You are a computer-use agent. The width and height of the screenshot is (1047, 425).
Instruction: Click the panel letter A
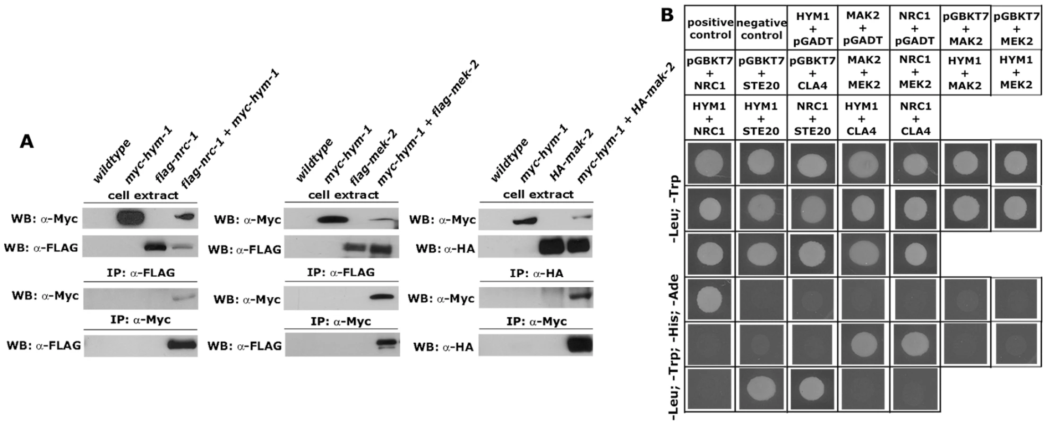click(26, 141)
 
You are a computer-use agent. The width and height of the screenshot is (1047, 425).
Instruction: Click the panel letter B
click(667, 15)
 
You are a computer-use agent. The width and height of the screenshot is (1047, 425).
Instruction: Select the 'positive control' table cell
click(710, 29)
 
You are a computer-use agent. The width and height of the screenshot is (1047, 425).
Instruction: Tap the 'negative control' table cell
click(761, 29)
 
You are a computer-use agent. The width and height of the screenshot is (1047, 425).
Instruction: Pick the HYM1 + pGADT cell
click(813, 29)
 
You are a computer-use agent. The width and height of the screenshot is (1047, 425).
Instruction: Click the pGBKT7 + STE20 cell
click(761, 74)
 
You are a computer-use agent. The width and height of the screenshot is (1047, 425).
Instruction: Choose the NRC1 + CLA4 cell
click(915, 118)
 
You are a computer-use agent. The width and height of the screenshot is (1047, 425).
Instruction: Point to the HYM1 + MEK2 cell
click(1016, 73)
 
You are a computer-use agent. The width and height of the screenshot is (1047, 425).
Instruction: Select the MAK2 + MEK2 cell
click(864, 74)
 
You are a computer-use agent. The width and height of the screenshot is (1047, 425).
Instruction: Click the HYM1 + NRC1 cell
click(710, 118)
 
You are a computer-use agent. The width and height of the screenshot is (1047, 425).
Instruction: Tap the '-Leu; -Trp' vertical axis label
click(675, 209)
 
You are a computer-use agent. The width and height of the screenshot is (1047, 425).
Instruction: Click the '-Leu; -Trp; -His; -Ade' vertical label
click(675, 347)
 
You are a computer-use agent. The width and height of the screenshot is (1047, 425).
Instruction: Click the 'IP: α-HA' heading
click(536, 273)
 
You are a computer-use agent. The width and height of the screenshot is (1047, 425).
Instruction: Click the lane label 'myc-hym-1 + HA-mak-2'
click(626, 124)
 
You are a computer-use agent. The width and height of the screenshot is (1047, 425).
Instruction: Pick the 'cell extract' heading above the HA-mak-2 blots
click(538, 195)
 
